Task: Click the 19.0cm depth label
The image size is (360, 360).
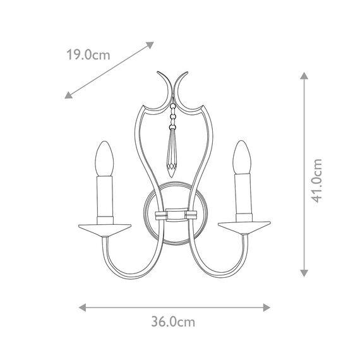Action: (88, 55)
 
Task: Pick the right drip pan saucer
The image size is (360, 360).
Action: (243, 225)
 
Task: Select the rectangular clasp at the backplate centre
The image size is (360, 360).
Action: (173, 215)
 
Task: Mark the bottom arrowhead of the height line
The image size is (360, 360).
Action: (303, 273)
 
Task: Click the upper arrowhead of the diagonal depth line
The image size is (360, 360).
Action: (150, 44)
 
